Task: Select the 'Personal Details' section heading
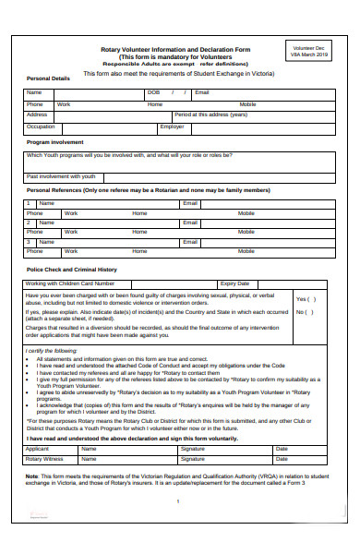[48, 78]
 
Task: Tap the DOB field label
[153, 93]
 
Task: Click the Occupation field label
[41, 126]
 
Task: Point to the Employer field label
[172, 126]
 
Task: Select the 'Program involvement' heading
[55, 142]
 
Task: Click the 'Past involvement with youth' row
[61, 175]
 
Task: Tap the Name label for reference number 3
[46, 241]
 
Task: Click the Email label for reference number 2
[190, 222]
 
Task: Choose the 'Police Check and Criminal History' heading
[72, 270]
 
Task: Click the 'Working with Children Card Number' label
[70, 283]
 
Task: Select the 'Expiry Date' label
[234, 283]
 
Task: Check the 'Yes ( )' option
[306, 299]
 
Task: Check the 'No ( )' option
[305, 312]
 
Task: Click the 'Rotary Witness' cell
[44, 458]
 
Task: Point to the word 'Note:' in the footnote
[32, 476]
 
